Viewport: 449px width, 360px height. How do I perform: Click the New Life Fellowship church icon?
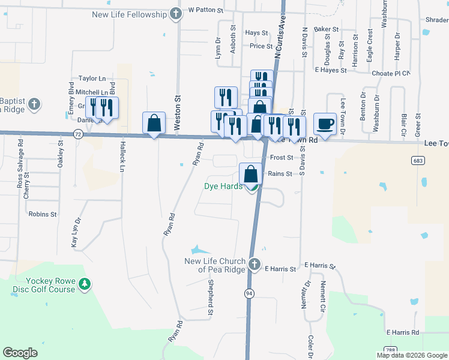[175, 13]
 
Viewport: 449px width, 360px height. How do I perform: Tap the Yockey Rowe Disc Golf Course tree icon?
[85, 284]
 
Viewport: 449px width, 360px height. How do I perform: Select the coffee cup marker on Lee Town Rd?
[325, 124]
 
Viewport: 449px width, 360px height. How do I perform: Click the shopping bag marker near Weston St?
[154, 123]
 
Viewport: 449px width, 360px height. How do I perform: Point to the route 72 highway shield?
[79, 135]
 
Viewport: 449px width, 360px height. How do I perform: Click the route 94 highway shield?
[249, 293]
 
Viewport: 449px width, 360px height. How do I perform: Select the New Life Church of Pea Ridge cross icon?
[255, 264]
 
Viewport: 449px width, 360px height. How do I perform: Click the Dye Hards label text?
[223, 187]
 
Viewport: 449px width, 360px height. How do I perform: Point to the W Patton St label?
[205, 10]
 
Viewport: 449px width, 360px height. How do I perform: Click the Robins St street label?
[43, 214]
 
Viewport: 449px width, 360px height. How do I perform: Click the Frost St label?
[281, 157]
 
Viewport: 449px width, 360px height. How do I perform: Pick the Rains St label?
[280, 174]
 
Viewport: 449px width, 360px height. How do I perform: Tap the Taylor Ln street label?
[92, 79]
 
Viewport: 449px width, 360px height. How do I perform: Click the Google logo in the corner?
[20, 353]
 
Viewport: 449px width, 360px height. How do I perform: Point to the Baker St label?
[327, 29]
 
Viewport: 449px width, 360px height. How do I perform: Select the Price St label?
[261, 46]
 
